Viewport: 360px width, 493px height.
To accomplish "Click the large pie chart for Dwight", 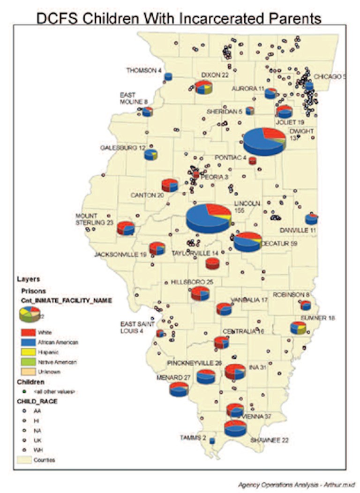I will tap(264, 141).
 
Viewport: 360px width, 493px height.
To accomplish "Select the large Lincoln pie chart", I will tap(208, 218).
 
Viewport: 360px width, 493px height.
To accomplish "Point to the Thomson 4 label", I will tap(144, 70).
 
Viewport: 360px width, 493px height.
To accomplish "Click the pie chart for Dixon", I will tap(203, 87).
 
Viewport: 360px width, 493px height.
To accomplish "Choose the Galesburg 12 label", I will tap(123, 148).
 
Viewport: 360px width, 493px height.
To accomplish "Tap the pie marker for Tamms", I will tap(212, 441).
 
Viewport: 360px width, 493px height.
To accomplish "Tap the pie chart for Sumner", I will tap(298, 328).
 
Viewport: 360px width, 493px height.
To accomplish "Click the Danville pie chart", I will tap(311, 219).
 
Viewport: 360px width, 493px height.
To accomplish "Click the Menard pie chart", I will tap(179, 389).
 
